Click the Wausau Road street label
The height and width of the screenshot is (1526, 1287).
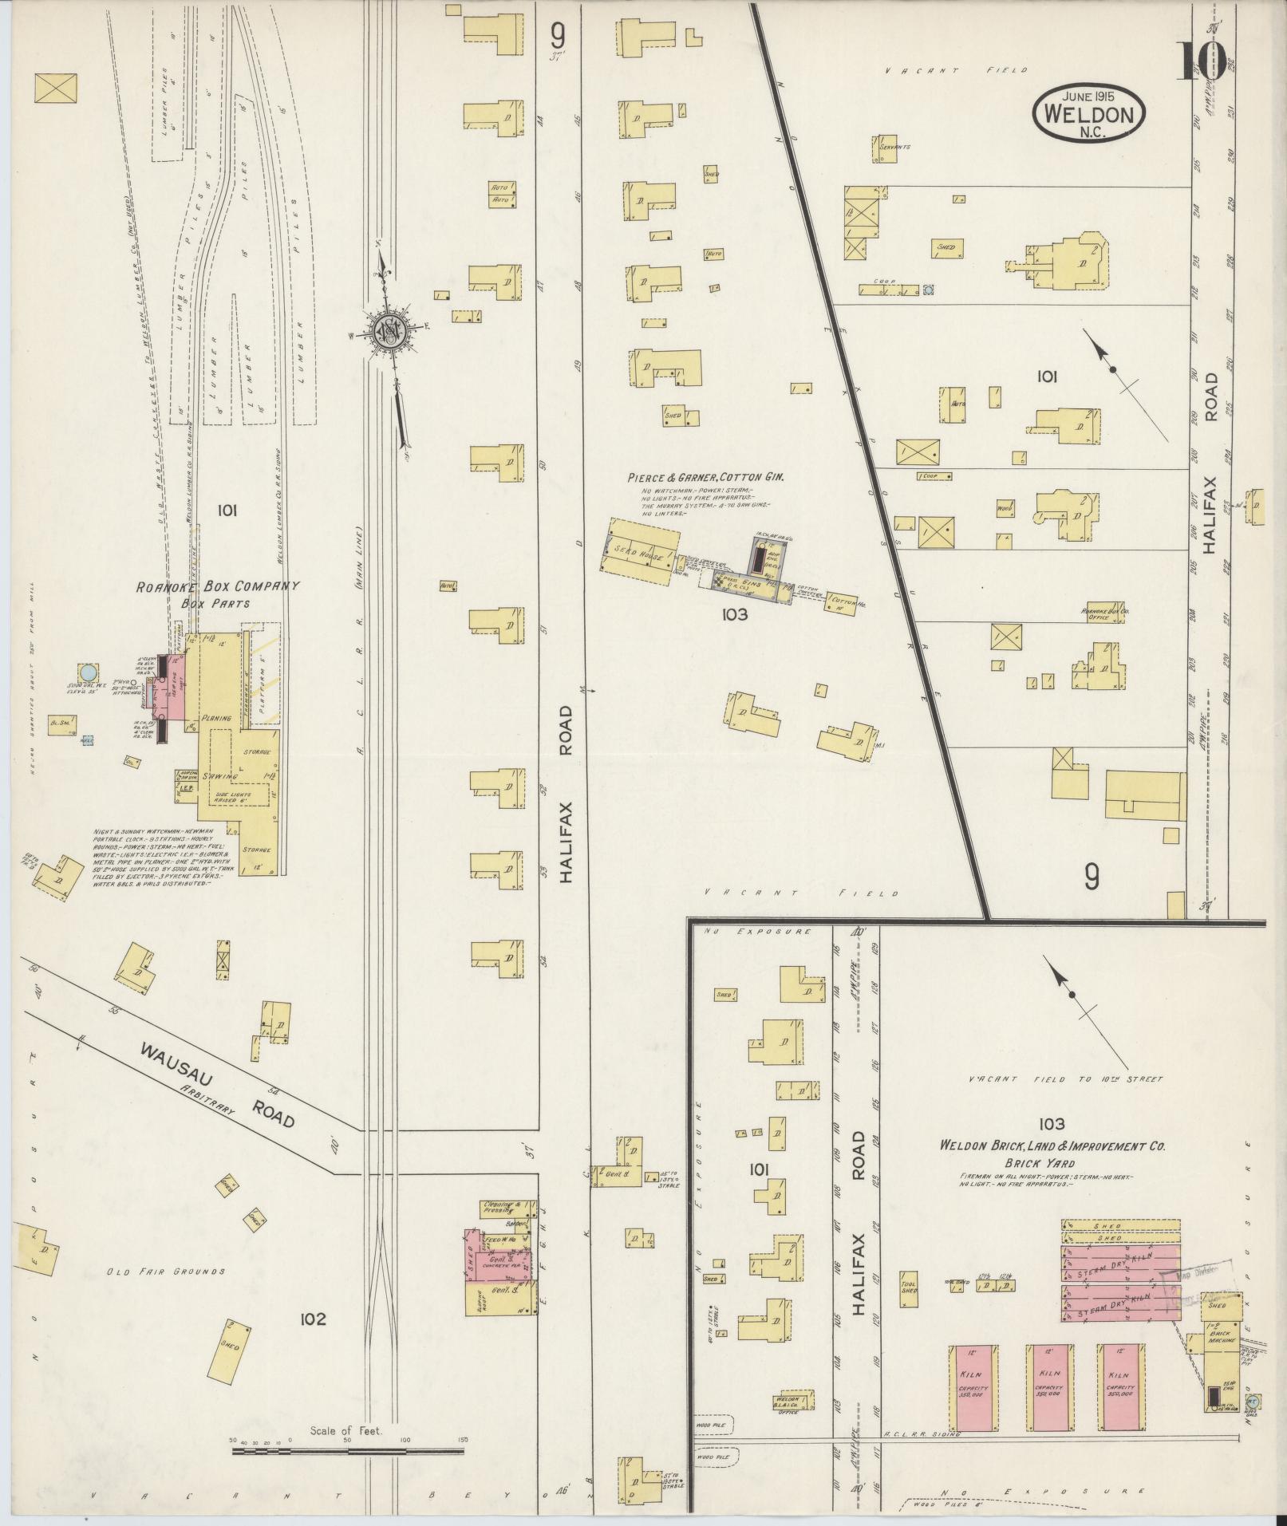point(218,1086)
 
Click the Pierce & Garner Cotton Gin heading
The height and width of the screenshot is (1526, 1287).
point(705,477)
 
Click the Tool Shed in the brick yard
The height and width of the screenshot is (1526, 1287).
point(909,1296)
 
